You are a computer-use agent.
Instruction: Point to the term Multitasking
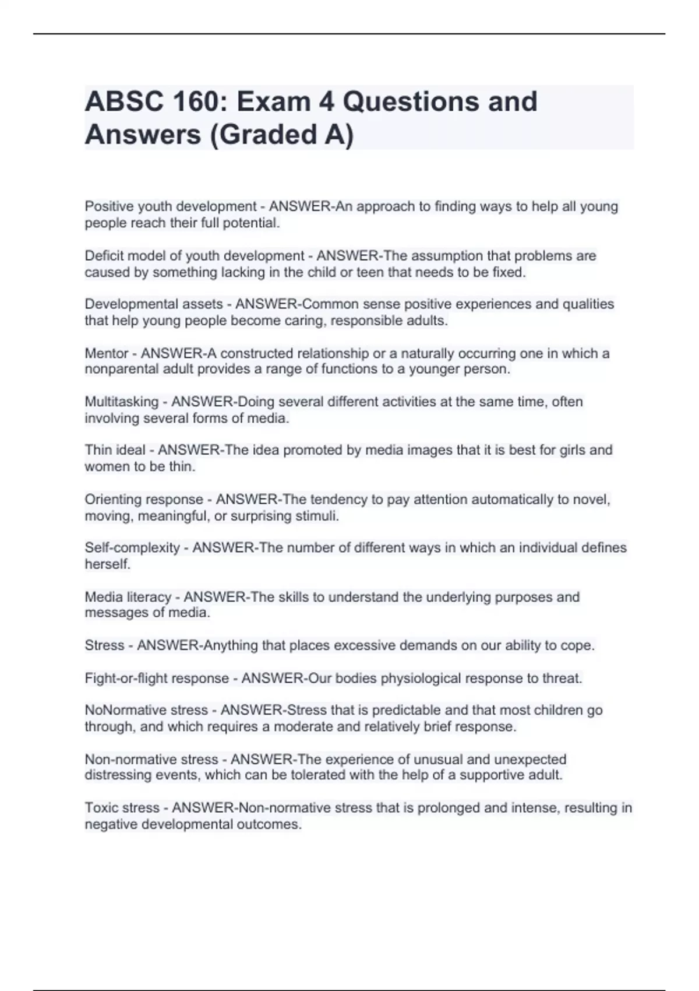point(122,402)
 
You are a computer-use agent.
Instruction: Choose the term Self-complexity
point(132,547)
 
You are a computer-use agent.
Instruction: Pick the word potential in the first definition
point(254,223)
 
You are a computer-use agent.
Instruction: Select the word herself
point(107,564)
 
